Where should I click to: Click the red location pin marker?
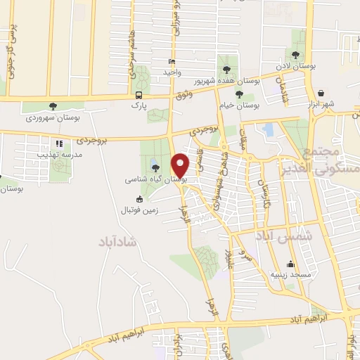click(x=181, y=165)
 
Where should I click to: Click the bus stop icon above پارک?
click(x=139, y=95)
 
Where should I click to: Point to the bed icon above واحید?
click(x=172, y=62)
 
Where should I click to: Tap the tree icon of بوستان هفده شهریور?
click(x=226, y=69)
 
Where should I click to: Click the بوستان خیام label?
click(x=239, y=105)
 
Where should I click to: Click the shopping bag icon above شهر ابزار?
click(x=321, y=93)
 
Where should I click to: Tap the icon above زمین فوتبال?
click(x=139, y=199)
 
